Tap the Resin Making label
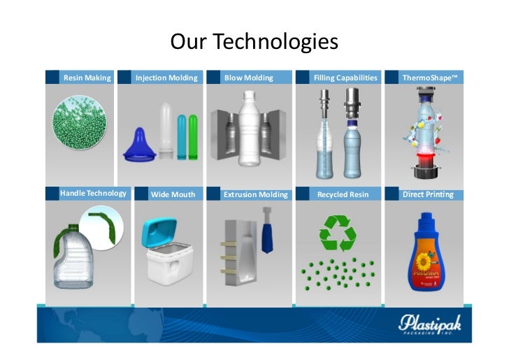(x=87, y=78)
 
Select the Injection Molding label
(x=166, y=78)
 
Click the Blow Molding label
(x=248, y=78)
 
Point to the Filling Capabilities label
(x=345, y=78)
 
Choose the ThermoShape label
(x=429, y=78)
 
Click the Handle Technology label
(x=93, y=193)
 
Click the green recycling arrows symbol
(x=338, y=232)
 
